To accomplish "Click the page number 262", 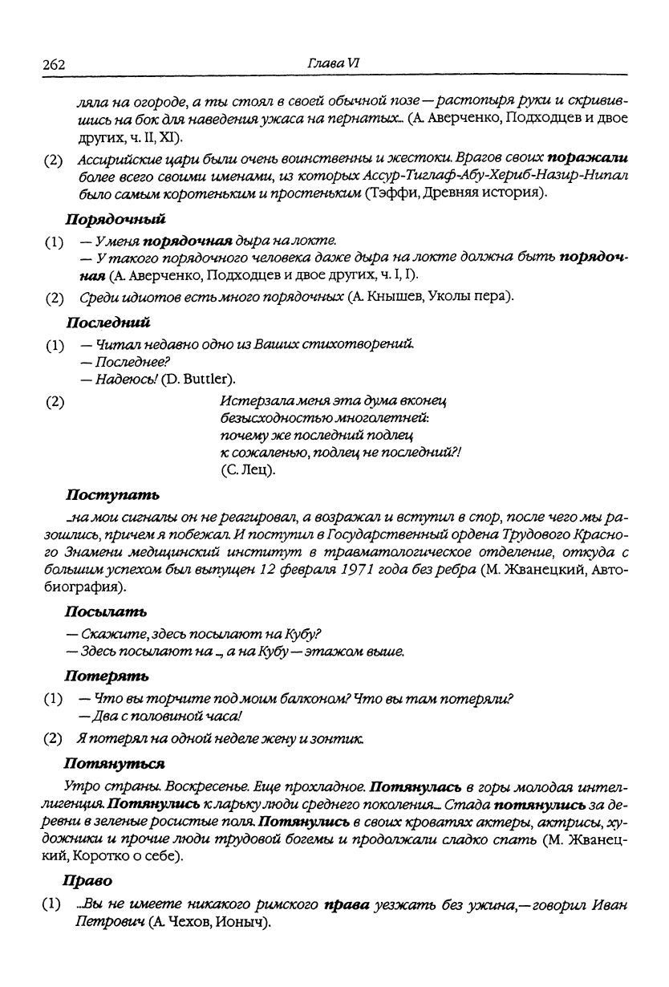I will point(52,64).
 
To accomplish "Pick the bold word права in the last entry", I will point(345,905).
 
